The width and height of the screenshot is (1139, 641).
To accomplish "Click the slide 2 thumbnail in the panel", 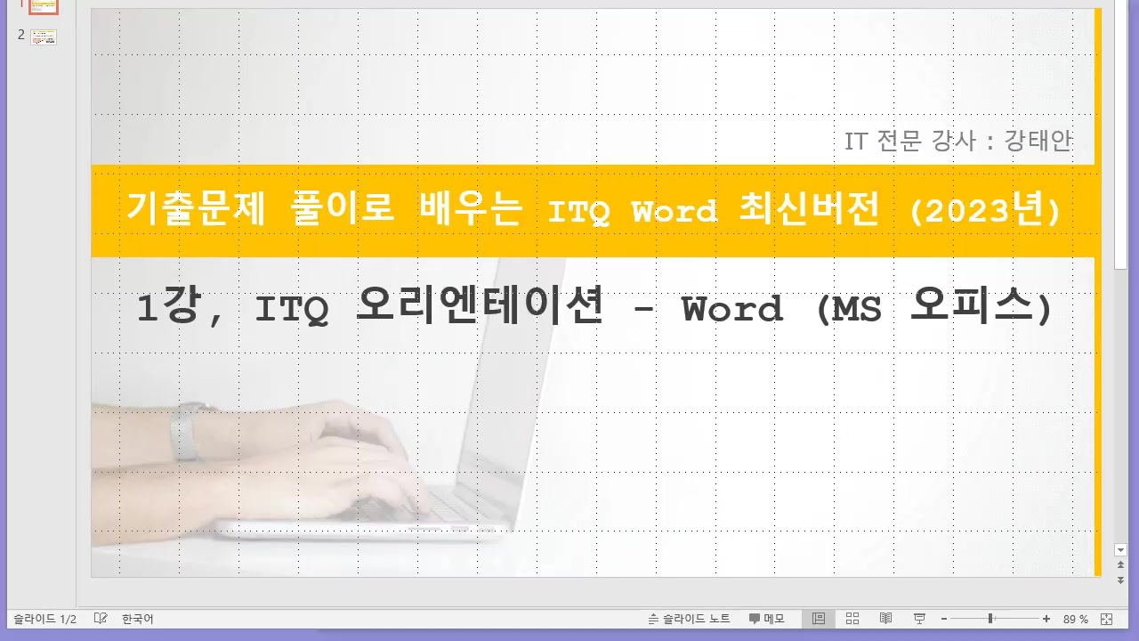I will pyautogui.click(x=44, y=37).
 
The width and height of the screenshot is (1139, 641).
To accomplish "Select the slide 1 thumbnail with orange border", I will pyautogui.click(x=44, y=6).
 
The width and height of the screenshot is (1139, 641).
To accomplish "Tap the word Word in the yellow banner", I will pyautogui.click(x=674, y=212).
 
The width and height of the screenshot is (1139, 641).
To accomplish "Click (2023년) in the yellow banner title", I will pyautogui.click(x=985, y=211).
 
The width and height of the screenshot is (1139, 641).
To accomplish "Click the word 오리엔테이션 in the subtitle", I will pyautogui.click(x=481, y=308).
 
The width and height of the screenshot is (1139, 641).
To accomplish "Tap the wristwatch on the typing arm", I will pyautogui.click(x=185, y=433).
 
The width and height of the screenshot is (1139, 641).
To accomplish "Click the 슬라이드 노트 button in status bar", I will pyautogui.click(x=690, y=619).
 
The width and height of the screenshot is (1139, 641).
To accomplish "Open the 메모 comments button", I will pyautogui.click(x=766, y=619).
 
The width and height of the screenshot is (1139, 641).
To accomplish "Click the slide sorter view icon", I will pyautogui.click(x=852, y=619).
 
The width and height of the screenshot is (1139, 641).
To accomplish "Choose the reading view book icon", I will pyautogui.click(x=886, y=619).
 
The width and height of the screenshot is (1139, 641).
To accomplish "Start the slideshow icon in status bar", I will pyautogui.click(x=920, y=619).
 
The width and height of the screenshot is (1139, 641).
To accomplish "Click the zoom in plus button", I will pyautogui.click(x=1046, y=619).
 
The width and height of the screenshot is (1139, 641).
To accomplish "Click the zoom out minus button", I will pyautogui.click(x=944, y=619).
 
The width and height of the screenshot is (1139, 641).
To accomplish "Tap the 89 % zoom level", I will pyautogui.click(x=1076, y=619).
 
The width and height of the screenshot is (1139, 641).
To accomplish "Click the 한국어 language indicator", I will pyautogui.click(x=138, y=619).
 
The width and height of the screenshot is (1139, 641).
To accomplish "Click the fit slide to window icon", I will pyautogui.click(x=1107, y=619).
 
